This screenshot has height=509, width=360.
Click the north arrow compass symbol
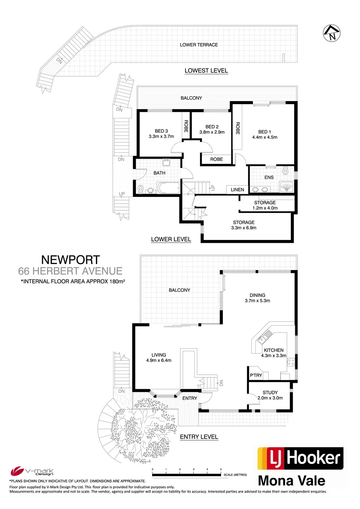[331, 33]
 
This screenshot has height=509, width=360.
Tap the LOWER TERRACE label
[199, 45]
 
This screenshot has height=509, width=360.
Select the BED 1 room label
[265, 132]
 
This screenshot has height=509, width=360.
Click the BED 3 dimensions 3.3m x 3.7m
[161, 136]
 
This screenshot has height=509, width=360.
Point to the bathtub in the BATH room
[168, 188]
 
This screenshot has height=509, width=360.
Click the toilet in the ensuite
[285, 171]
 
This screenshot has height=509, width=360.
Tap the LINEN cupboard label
[237, 190]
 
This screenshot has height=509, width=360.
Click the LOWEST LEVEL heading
[206, 71]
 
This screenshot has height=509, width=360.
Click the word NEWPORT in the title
[71, 260]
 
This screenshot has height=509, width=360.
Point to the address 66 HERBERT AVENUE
[70, 271]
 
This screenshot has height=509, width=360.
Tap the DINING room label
[257, 295]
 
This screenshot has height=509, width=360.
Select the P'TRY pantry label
[256, 375]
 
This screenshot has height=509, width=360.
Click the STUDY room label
[270, 392]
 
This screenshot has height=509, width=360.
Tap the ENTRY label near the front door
[190, 398]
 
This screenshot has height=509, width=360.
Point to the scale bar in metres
[186, 475]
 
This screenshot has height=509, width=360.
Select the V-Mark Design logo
[32, 471]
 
